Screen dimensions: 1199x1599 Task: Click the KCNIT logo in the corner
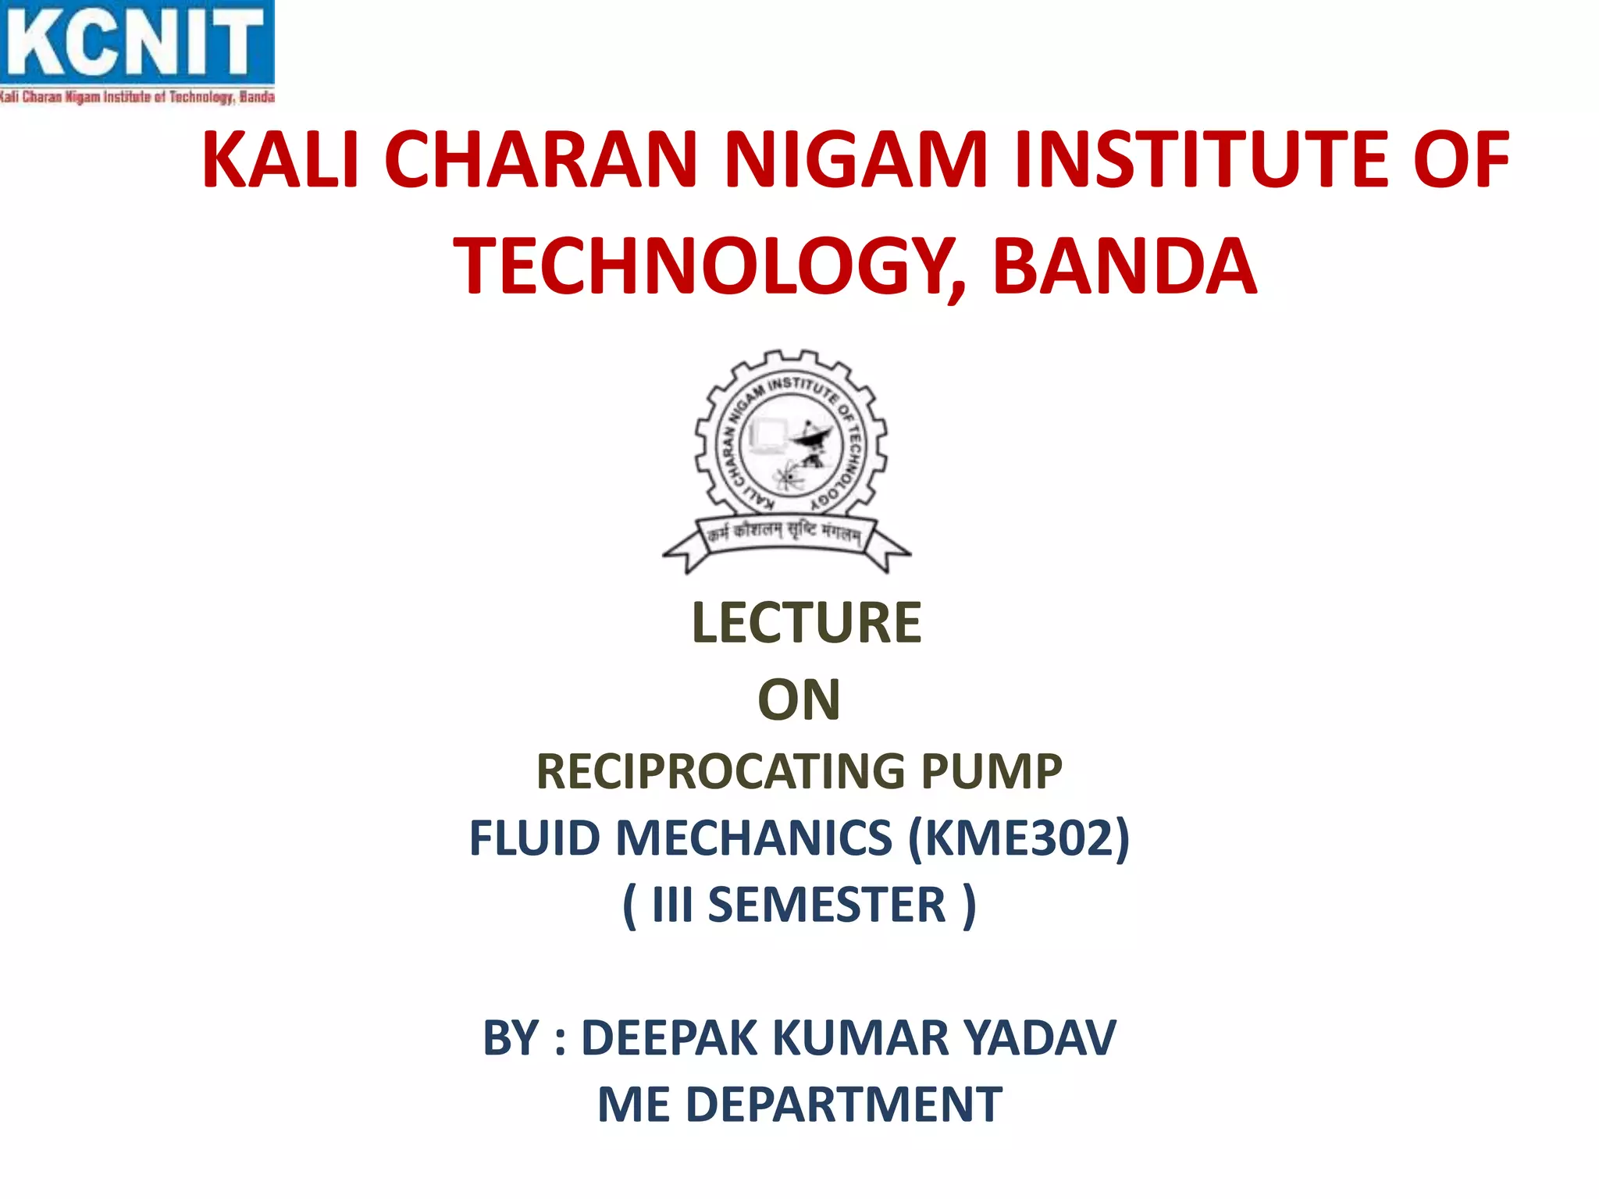(137, 52)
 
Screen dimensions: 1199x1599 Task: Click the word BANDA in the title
(1124, 267)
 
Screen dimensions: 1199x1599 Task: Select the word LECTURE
(806, 623)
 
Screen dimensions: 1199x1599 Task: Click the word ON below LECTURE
(799, 700)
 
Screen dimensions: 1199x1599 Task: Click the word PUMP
(992, 772)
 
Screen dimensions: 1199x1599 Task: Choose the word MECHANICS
(754, 838)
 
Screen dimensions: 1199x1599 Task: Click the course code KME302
(1019, 838)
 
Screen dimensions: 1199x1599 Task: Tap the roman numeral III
(672, 905)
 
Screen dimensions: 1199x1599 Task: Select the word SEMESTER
(827, 905)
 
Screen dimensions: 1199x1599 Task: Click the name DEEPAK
(670, 1038)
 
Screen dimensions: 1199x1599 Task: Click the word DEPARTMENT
(844, 1105)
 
